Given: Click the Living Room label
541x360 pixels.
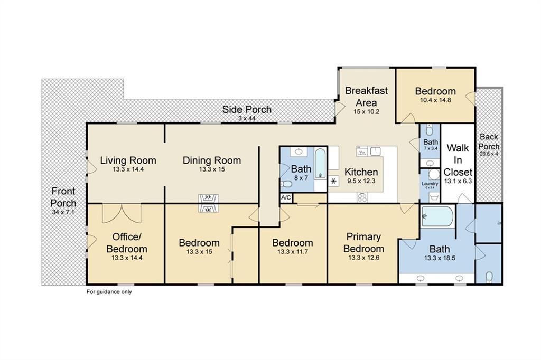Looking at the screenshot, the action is coord(128,160).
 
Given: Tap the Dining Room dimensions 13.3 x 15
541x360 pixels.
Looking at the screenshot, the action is coord(212,169).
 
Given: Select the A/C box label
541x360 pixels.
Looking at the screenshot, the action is coord(286,198).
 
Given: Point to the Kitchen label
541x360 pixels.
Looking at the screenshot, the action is coord(361,172).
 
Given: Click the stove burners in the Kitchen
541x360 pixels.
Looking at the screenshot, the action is coord(362,197).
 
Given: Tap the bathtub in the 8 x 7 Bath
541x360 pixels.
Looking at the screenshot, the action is coord(320,164).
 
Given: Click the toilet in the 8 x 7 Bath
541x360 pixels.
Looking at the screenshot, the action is coord(287,184).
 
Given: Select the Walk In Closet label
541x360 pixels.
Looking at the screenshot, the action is coord(458,160).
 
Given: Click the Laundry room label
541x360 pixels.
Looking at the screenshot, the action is coord(430,184).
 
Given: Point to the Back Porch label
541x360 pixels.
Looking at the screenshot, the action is coord(489,141).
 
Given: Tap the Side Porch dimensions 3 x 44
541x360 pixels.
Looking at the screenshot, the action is coord(247,119).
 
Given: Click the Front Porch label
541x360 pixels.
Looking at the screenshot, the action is coord(63,197).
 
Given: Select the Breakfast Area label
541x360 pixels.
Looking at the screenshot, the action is coord(367,97).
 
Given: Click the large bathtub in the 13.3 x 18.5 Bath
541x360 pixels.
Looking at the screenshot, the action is coord(437,216).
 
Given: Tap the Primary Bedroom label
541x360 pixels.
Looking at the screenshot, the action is coord(363,243).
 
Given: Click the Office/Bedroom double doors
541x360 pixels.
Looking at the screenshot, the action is coord(122,213).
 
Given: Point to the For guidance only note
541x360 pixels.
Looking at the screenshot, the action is coord(109,292).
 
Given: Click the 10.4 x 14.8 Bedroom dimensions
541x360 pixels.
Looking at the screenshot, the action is coord(435,100).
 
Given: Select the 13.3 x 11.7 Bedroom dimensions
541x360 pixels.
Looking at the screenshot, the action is coord(293,252).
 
